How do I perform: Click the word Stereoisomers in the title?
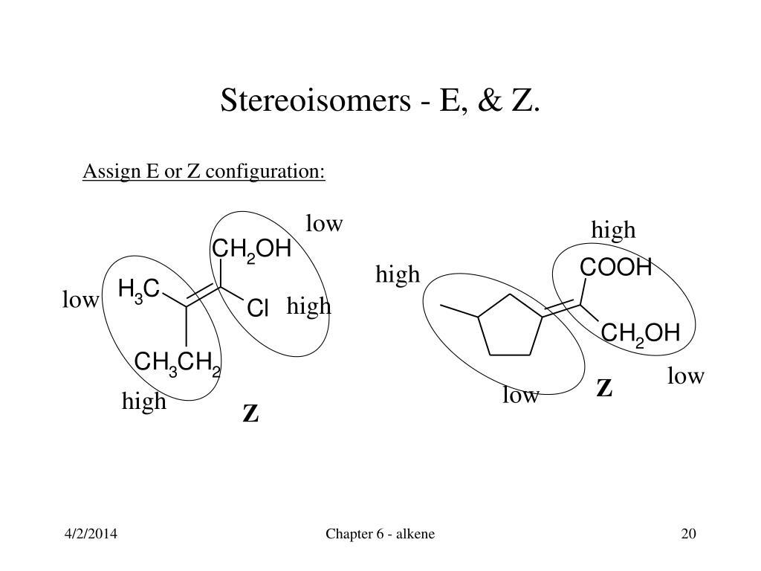[315, 100]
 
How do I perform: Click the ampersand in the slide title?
[490, 100]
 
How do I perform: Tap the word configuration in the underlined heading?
[265, 172]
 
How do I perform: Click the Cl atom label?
[257, 309]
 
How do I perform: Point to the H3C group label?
[139, 290]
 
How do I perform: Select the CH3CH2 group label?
[177, 363]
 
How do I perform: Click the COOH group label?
[615, 268]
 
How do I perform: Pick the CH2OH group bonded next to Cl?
[251, 250]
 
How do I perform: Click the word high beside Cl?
[308, 306]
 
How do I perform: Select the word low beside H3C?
[80, 300]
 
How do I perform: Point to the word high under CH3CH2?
[144, 401]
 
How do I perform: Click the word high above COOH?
[613, 230]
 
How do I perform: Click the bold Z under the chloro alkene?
[250, 414]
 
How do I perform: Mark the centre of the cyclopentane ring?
[510, 328]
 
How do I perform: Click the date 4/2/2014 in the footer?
[91, 534]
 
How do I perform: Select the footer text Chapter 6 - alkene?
[380, 534]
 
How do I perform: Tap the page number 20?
[689, 534]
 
